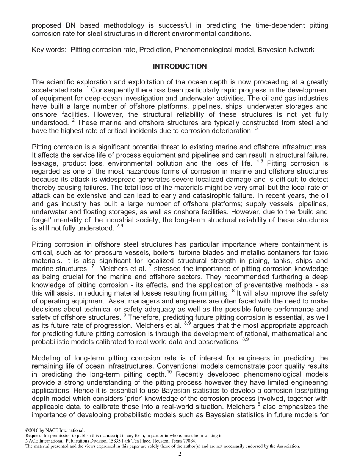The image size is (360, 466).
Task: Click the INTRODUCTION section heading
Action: point(180,67)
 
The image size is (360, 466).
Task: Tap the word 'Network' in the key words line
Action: point(301,50)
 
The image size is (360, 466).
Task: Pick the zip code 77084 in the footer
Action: point(188,441)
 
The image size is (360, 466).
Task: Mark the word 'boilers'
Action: point(163,253)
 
